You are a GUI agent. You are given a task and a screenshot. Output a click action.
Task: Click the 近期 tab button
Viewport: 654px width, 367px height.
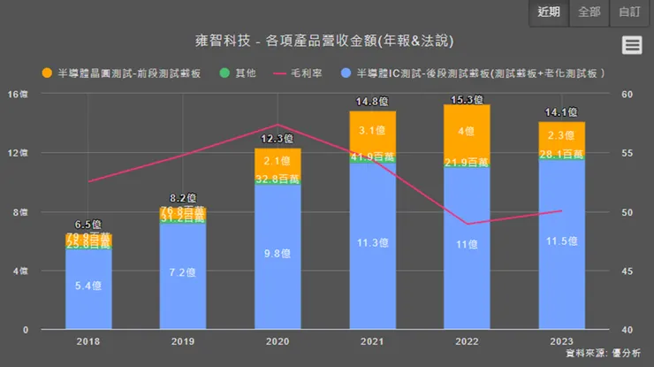click(549, 12)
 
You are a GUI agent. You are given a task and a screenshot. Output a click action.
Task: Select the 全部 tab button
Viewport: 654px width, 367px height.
click(589, 12)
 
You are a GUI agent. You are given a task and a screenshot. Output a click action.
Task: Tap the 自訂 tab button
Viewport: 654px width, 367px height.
click(630, 12)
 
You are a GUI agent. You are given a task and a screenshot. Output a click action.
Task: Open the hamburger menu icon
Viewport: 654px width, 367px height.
click(631, 45)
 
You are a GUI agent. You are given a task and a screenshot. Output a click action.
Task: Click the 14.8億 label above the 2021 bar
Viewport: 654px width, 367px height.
click(371, 102)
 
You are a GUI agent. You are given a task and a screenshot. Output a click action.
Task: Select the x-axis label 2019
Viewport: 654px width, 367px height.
click(182, 340)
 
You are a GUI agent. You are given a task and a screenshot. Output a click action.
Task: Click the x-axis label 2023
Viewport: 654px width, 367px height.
click(561, 340)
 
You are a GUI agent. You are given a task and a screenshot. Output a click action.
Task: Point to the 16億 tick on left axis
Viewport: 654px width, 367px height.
click(18, 94)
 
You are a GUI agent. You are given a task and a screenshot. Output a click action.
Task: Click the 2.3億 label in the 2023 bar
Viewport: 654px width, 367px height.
click(561, 135)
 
